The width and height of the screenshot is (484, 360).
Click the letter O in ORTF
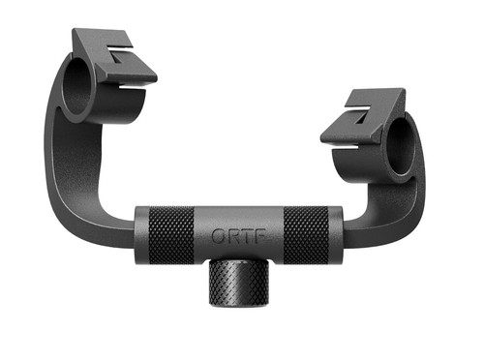[x=218, y=236]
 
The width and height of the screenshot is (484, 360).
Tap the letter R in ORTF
[x=231, y=236]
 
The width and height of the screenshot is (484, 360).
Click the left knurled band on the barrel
[x=171, y=235]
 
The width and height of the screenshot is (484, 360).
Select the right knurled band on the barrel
[x=306, y=235]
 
